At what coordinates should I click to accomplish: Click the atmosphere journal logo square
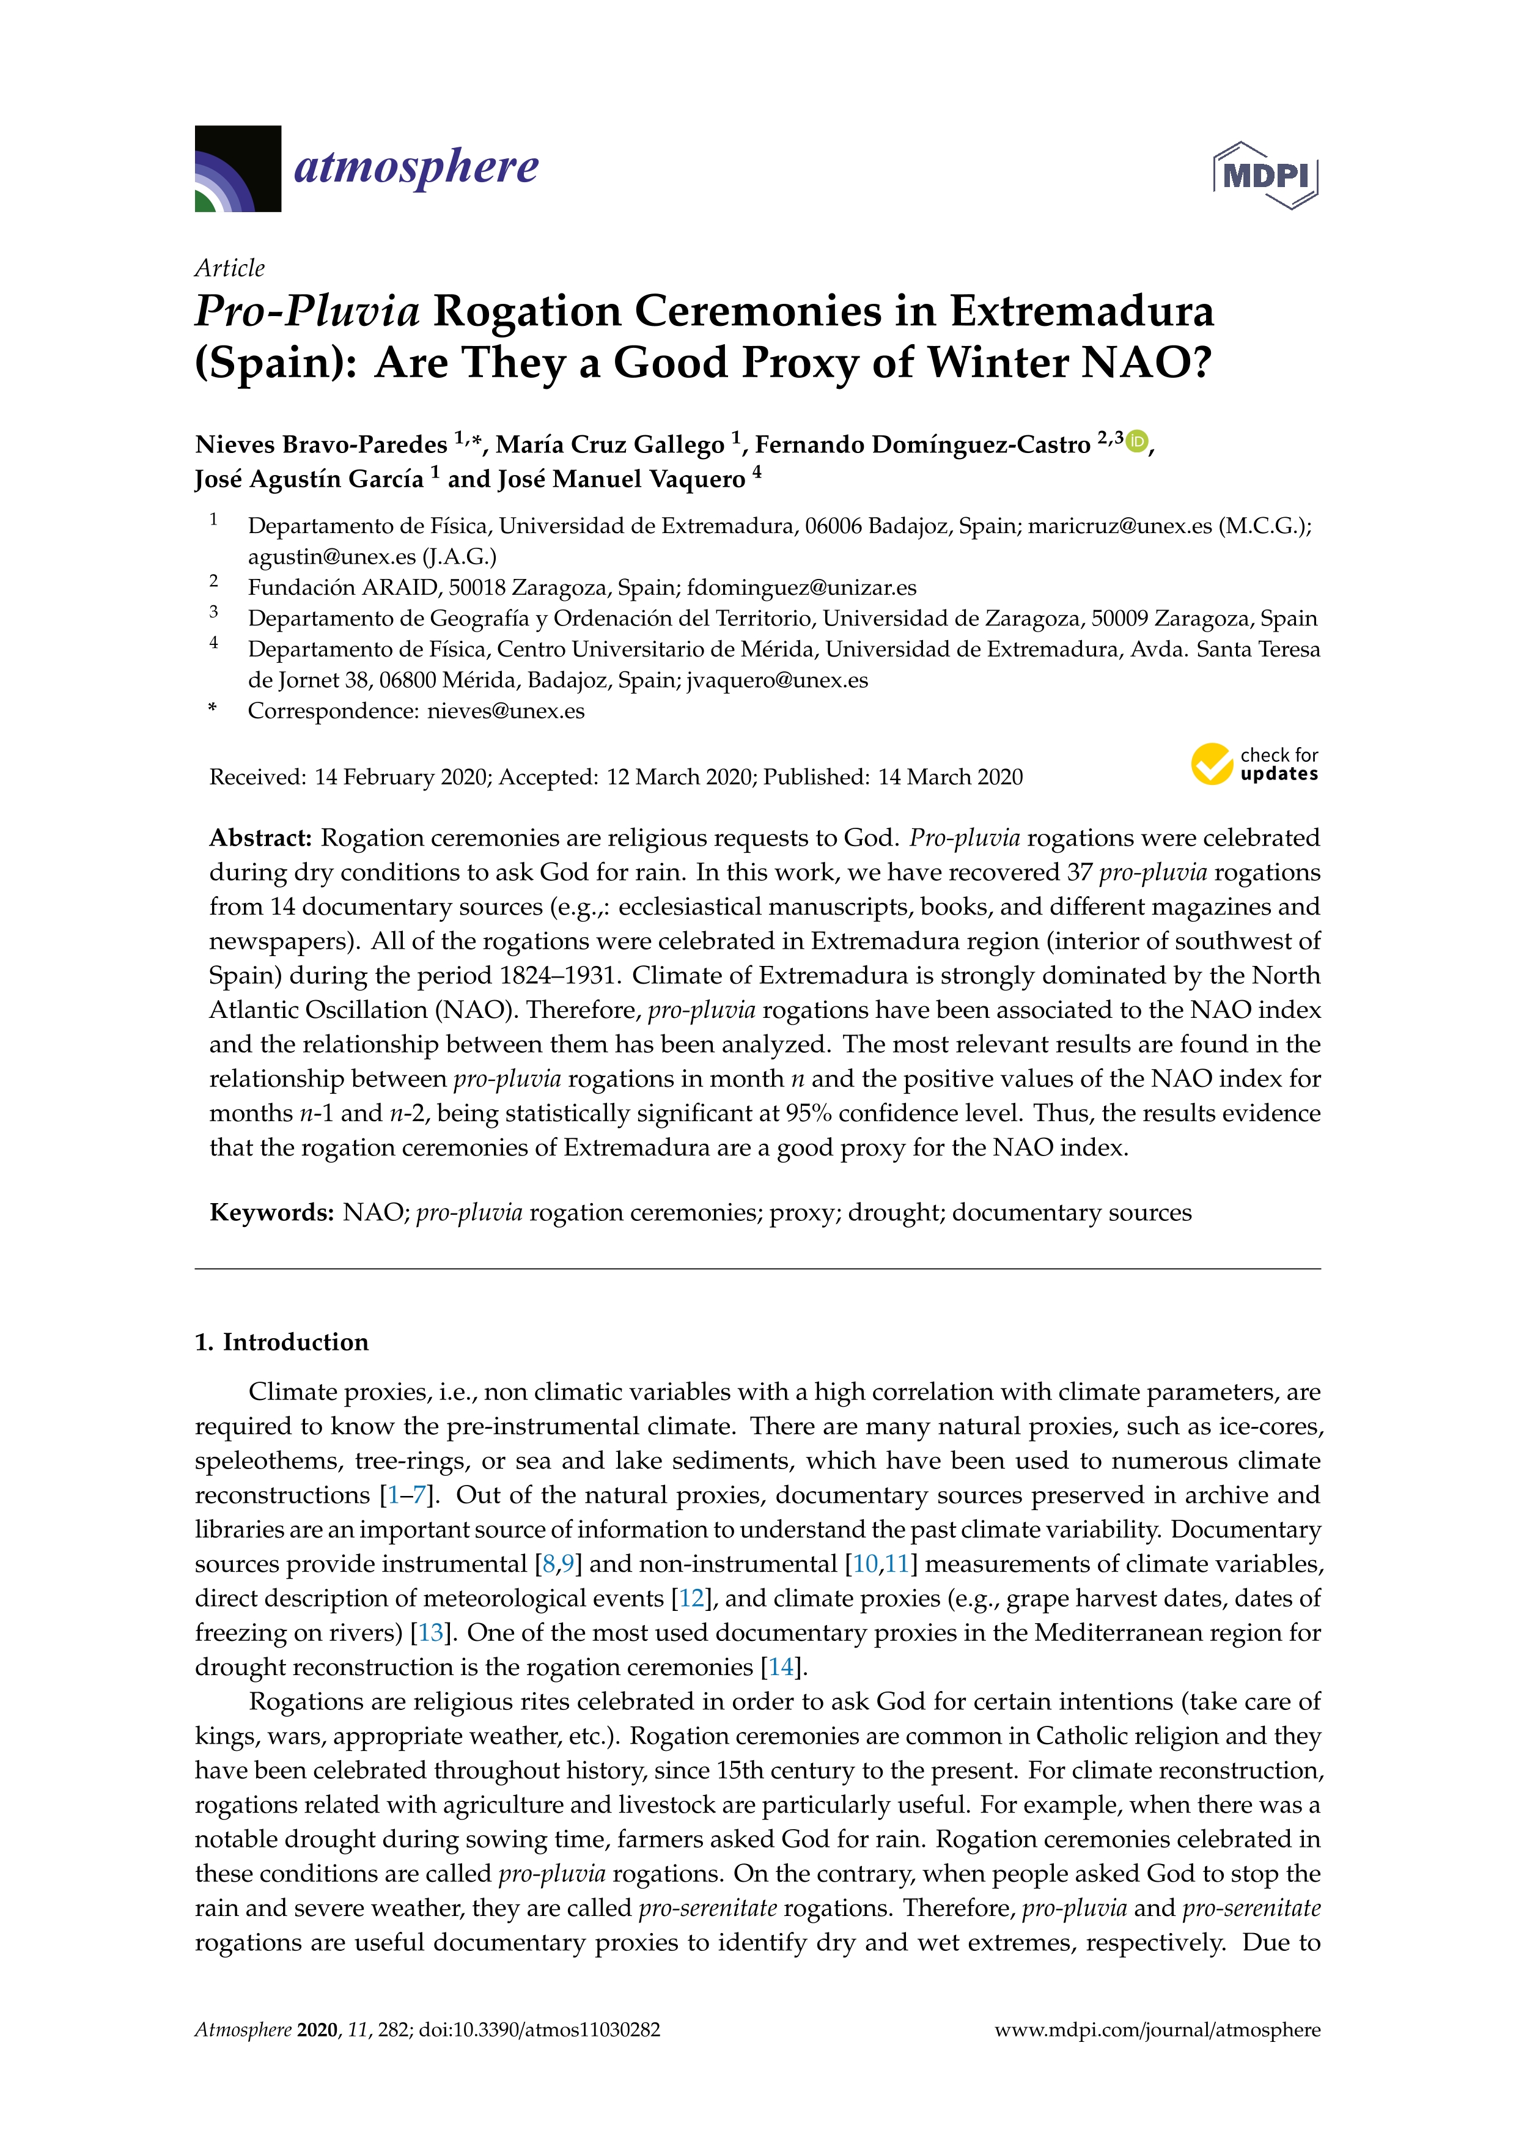pyautogui.click(x=238, y=169)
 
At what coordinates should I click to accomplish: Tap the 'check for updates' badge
pyautogui.click(x=1254, y=764)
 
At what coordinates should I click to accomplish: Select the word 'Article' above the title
pyautogui.click(x=230, y=268)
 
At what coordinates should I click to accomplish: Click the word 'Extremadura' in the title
pyautogui.click(x=1082, y=311)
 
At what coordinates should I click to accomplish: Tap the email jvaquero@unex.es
pyautogui.click(x=777, y=680)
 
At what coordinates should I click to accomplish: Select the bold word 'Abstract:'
pyautogui.click(x=260, y=838)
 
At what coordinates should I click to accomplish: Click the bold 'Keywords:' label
pyautogui.click(x=271, y=1212)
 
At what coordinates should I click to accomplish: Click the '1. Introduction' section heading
pyautogui.click(x=282, y=1342)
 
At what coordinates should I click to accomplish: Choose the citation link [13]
pyautogui.click(x=430, y=1632)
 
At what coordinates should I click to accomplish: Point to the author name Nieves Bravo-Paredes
pyautogui.click(x=321, y=444)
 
